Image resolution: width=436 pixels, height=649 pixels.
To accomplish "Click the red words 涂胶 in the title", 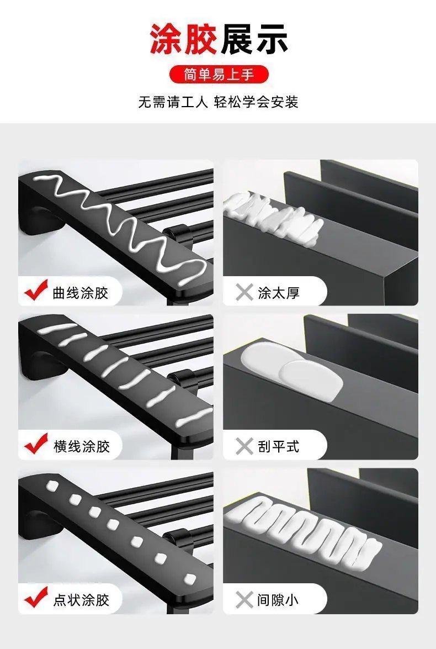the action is (x=184, y=39).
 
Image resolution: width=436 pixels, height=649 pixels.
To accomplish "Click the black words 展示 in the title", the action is (x=254, y=39).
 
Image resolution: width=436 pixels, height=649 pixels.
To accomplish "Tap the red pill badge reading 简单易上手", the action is (x=219, y=75).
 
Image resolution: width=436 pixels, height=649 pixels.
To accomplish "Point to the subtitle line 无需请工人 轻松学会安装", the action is (x=218, y=102).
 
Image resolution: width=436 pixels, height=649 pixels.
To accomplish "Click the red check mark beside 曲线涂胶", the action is (x=36, y=290).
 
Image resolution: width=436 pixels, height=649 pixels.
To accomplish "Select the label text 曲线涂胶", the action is (x=81, y=293).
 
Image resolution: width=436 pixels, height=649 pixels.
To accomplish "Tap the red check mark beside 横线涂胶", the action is (x=36, y=444).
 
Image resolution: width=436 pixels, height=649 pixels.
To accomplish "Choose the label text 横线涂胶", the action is (x=81, y=447).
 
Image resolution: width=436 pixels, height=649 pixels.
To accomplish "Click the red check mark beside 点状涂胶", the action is (x=36, y=597).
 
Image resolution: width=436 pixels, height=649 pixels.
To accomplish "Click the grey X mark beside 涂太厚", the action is (x=244, y=293).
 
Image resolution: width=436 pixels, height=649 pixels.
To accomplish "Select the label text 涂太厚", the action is (x=278, y=293).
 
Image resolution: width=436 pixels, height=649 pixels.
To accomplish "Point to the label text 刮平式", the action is (x=278, y=447).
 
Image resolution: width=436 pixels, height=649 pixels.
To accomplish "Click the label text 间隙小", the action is (x=278, y=600).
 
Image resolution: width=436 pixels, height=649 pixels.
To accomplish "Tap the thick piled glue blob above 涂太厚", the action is (x=273, y=217).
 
